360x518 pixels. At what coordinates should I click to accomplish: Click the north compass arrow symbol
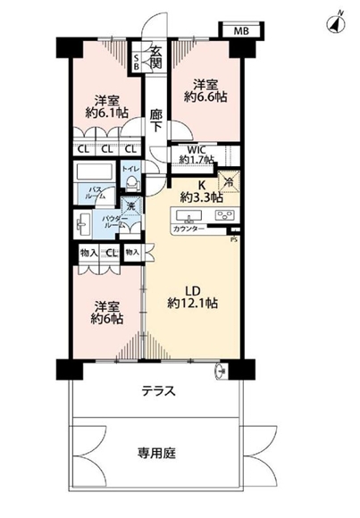click(x=337, y=24)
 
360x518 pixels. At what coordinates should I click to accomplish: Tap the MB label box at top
click(x=242, y=32)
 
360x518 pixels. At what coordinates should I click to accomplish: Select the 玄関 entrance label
click(x=155, y=56)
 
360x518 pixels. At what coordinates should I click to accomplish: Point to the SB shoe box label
click(x=136, y=62)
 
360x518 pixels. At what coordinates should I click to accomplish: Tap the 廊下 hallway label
click(x=155, y=120)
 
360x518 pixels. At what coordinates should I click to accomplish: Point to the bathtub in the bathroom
click(x=91, y=171)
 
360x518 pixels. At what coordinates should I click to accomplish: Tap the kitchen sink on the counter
click(x=192, y=216)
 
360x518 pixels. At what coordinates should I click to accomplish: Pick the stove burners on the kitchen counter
click(x=223, y=215)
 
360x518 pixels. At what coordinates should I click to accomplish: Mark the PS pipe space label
click(x=234, y=238)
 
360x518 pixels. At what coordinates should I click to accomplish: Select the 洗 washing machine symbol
click(x=130, y=209)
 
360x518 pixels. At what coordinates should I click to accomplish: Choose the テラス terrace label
click(x=157, y=391)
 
